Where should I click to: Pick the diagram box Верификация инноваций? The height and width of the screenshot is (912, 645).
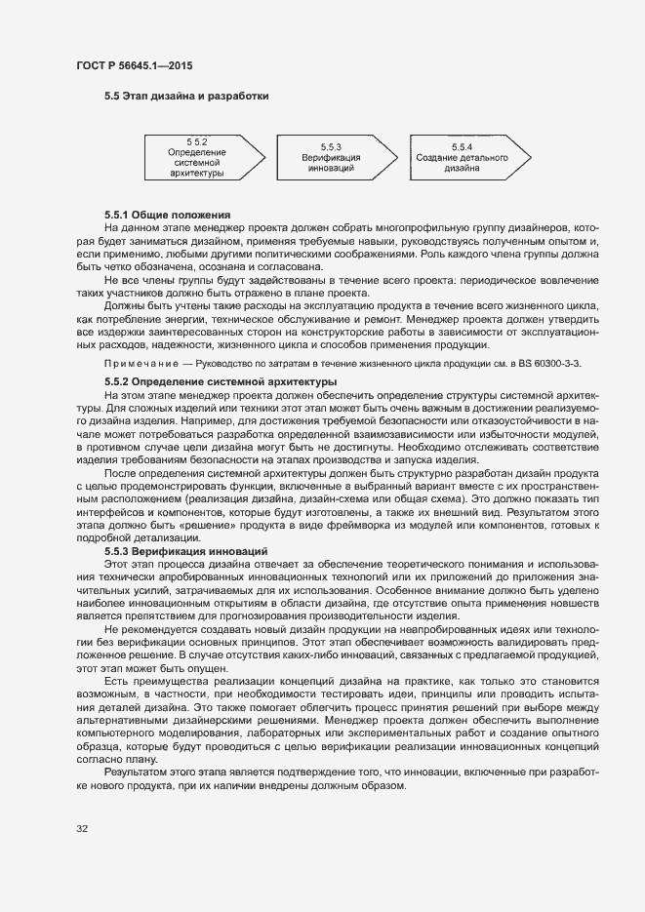(331, 157)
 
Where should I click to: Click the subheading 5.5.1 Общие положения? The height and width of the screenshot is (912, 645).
(167, 215)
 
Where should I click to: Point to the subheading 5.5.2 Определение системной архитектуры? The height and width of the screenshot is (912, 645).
(221, 380)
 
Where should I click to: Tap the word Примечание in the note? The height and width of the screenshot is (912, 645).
(143, 364)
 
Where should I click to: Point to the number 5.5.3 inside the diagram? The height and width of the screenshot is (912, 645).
(331, 146)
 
